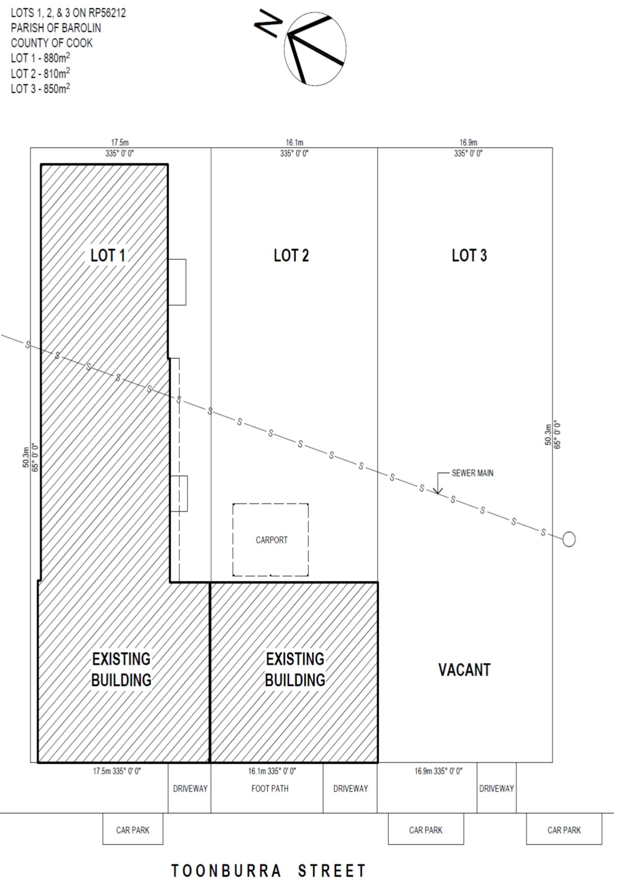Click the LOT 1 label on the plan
coord(108,255)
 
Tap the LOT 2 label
coord(291,255)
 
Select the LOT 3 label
coord(469,255)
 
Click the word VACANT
coord(464,669)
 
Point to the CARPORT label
coord(272,540)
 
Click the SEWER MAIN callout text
coord(472,473)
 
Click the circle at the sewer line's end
coord(569,539)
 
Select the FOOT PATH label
coord(270,789)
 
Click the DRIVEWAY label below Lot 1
coord(190,789)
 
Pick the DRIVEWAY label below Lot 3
coord(496,789)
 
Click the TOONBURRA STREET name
coord(268,871)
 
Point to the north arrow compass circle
coord(315,49)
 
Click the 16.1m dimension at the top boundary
coord(294,143)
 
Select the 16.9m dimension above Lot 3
coord(468,143)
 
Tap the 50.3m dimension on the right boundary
coord(548,435)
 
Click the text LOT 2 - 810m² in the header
coord(40,73)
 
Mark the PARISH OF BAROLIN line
coord(56,28)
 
